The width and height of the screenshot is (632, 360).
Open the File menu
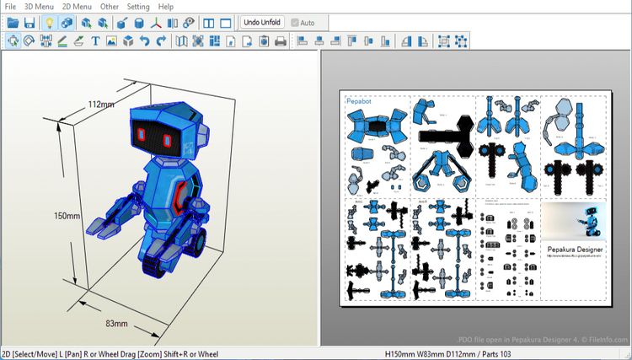tap(10, 6)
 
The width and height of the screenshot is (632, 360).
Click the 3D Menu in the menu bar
tap(39, 6)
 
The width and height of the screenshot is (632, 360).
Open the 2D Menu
tap(77, 6)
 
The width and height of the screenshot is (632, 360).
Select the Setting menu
tap(138, 6)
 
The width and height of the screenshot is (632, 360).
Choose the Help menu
tap(166, 6)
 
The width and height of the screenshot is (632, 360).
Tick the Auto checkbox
tap(295, 23)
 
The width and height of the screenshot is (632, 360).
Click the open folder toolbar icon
tap(13, 23)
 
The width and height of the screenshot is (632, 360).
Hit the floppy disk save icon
tap(29, 23)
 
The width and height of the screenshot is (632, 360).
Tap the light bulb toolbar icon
tap(49, 23)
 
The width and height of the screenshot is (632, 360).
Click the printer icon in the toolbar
tap(280, 40)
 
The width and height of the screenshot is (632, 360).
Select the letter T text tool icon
tap(95, 40)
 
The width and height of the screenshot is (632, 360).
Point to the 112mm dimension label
tap(101, 105)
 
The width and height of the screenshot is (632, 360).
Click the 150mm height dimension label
tap(67, 216)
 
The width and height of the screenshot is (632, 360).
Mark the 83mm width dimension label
tap(117, 322)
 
